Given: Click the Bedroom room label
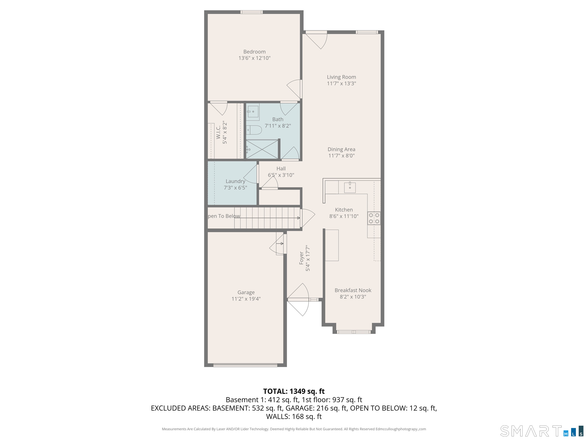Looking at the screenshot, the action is click(254, 52).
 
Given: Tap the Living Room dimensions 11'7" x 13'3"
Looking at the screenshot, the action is click(341, 83).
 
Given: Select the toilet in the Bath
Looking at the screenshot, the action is click(254, 130).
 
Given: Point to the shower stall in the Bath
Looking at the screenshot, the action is click(262, 149).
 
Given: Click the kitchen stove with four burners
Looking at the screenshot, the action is click(374, 218).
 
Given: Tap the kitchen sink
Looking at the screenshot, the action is click(350, 187).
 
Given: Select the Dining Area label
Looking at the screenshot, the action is click(341, 149).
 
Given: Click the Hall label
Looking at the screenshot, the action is click(281, 168).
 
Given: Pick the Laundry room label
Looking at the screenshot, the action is click(235, 181).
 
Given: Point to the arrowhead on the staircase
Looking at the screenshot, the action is click(299, 218).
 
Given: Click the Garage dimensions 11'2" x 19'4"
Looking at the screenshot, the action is click(246, 299).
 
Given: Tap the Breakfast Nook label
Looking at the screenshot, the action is click(353, 290).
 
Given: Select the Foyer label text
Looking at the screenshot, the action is click(301, 258).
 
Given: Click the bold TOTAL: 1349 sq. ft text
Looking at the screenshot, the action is click(294, 391).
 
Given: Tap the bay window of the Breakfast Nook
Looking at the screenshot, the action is click(354, 332).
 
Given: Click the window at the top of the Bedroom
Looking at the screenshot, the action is click(252, 12).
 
